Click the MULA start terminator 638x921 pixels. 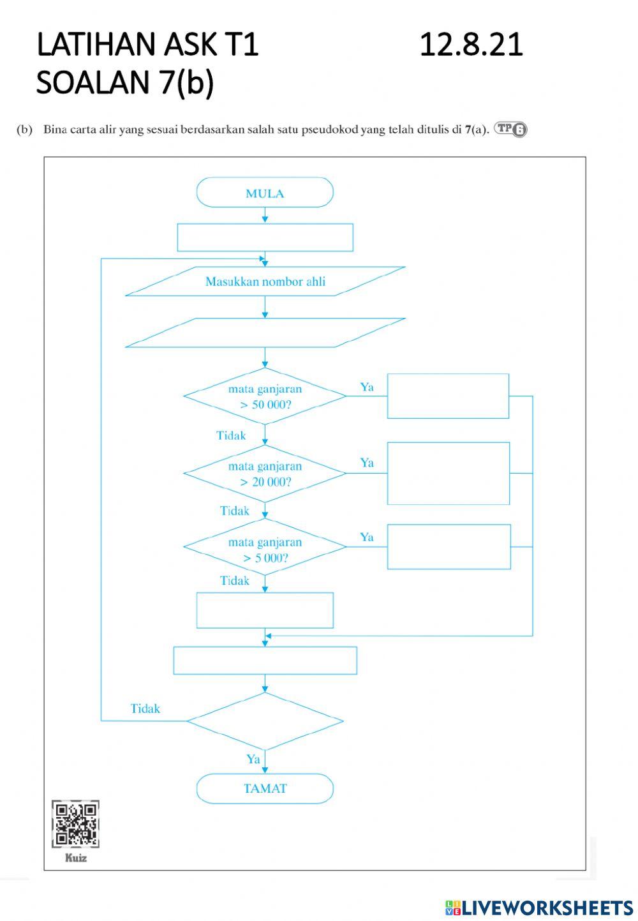pos(265,193)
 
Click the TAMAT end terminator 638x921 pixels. pos(265,788)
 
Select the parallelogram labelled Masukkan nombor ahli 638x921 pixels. pos(265,281)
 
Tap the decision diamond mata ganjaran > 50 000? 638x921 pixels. pos(265,396)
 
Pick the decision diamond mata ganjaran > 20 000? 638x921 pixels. pos(265,474)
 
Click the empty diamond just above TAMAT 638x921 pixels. pos(265,721)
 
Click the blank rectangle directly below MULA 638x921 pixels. pos(265,237)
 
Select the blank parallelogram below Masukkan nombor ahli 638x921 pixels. pos(265,333)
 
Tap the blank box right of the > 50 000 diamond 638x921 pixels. pos(448,396)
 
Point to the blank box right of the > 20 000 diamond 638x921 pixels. pos(449,473)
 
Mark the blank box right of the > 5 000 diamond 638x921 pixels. pos(449,546)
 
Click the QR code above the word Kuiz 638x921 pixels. pos(75,824)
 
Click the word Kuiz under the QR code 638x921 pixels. pos(75,858)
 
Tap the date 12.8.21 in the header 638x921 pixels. pos(471,45)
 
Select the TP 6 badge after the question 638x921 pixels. pos(510,130)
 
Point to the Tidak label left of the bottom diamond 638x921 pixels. pos(145,708)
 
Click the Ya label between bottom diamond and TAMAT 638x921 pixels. pos(253,759)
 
